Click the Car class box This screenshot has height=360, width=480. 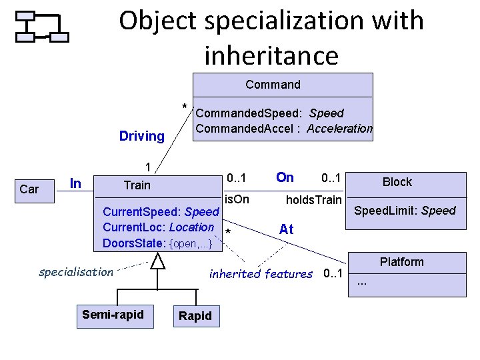coord(29,189)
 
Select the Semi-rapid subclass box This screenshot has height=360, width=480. coord(113,314)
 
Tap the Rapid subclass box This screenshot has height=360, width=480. coord(195,316)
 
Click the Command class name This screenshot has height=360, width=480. coord(273,85)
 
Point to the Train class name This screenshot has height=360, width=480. coord(137,185)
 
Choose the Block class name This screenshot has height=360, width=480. coord(397,182)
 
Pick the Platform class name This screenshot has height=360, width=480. coord(401,262)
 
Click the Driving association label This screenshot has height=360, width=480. coord(141,137)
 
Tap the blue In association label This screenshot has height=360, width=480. coord(76,183)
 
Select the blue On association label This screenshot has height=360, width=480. coord(285,177)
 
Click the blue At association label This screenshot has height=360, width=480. coord(286,229)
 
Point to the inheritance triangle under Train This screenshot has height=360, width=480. coord(157,261)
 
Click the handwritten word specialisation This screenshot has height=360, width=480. coord(76,272)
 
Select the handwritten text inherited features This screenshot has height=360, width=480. coord(261,273)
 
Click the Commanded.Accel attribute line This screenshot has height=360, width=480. coord(283,129)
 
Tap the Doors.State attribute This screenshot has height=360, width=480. coord(157,243)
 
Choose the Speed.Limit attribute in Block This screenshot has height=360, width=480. coord(405,211)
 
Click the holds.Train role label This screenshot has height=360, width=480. coord(313,199)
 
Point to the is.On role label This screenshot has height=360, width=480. coord(237,199)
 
